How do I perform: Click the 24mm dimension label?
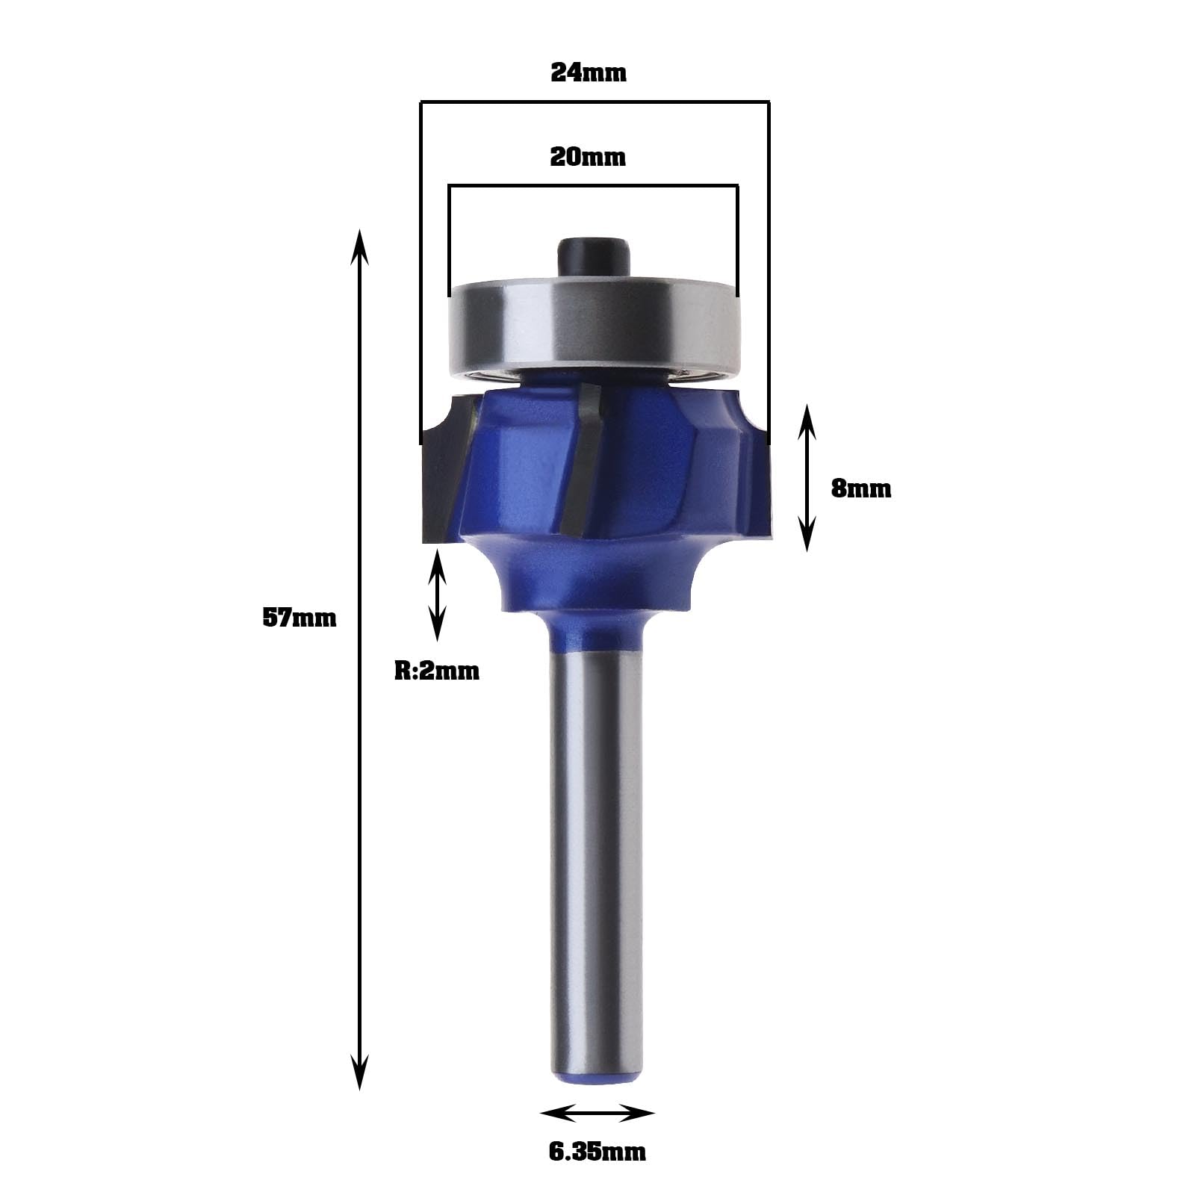click(589, 72)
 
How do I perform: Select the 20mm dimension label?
click(588, 157)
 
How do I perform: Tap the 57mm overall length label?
click(299, 618)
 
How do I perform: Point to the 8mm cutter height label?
click(861, 488)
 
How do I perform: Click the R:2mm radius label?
click(437, 671)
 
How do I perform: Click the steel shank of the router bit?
click(595, 859)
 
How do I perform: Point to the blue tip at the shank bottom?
click(595, 1083)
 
